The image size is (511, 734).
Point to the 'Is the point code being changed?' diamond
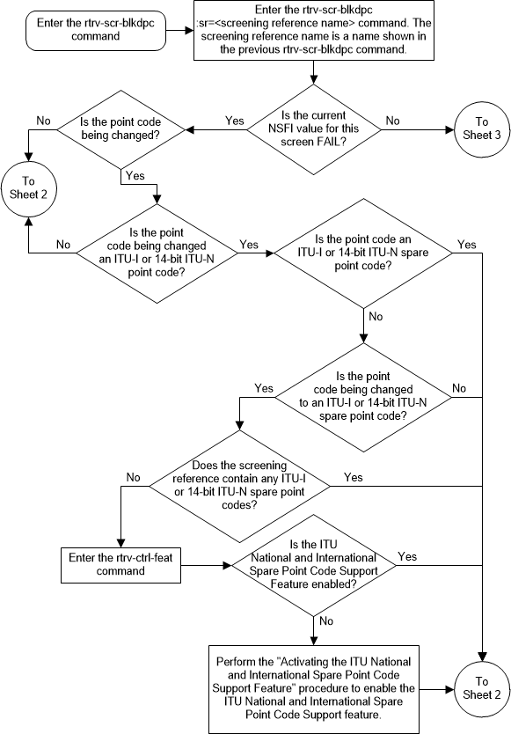[x=120, y=132]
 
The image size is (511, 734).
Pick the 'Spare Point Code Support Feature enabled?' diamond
[x=311, y=565]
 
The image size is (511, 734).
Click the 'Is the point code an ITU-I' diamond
[x=362, y=252]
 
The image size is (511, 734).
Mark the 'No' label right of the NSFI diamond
[x=392, y=120]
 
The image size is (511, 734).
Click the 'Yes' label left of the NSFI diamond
[x=235, y=120]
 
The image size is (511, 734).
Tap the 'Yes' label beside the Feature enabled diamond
[x=408, y=556]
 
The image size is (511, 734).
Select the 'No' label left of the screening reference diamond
[x=134, y=477]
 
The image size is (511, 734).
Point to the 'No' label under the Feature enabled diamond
[x=326, y=620]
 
